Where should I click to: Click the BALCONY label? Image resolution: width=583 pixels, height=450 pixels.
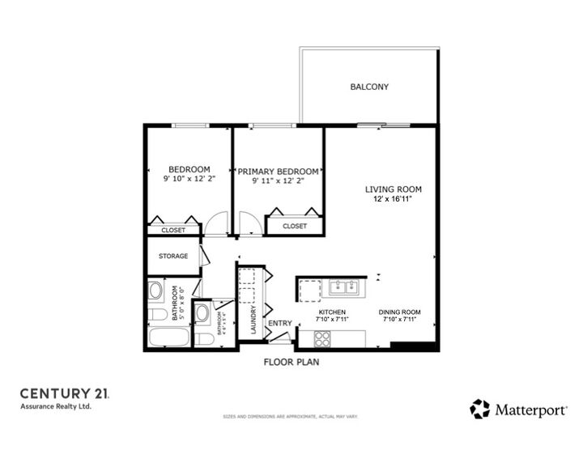pyautogui.click(x=369, y=87)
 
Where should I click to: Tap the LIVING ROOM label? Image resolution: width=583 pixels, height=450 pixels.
pyautogui.click(x=393, y=189)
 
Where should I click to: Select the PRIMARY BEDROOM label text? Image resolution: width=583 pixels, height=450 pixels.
pyautogui.click(x=278, y=172)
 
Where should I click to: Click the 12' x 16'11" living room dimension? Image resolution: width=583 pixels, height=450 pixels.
pyautogui.click(x=393, y=198)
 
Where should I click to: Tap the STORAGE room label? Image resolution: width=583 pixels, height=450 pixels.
pyautogui.click(x=173, y=257)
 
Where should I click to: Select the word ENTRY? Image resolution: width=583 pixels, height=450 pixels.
pyautogui.click(x=279, y=324)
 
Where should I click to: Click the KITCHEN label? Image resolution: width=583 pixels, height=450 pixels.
pyautogui.click(x=331, y=312)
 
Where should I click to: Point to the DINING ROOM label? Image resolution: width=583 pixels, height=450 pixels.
pyautogui.click(x=399, y=312)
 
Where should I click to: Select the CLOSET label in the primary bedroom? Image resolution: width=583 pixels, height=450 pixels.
pyautogui.click(x=295, y=227)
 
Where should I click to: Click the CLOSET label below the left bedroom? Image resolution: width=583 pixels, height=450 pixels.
pyautogui.click(x=173, y=231)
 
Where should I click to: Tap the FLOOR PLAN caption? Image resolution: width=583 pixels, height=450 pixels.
pyautogui.click(x=291, y=362)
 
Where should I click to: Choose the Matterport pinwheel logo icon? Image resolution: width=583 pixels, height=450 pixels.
pyautogui.click(x=480, y=409)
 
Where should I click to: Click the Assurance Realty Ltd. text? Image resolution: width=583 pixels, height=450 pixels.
pyautogui.click(x=56, y=406)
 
